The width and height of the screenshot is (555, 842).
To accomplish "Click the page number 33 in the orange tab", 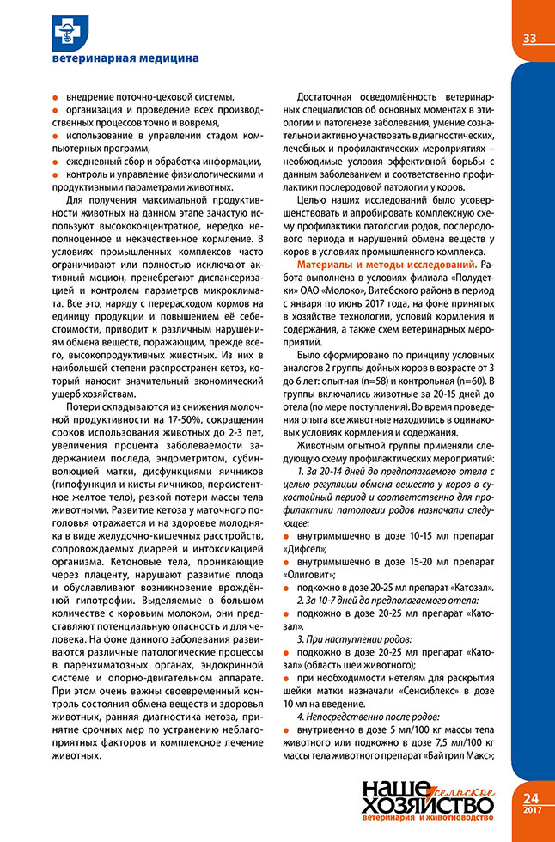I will pos(529,38).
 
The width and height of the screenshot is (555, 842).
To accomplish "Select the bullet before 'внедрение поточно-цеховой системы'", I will pos(56,95).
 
